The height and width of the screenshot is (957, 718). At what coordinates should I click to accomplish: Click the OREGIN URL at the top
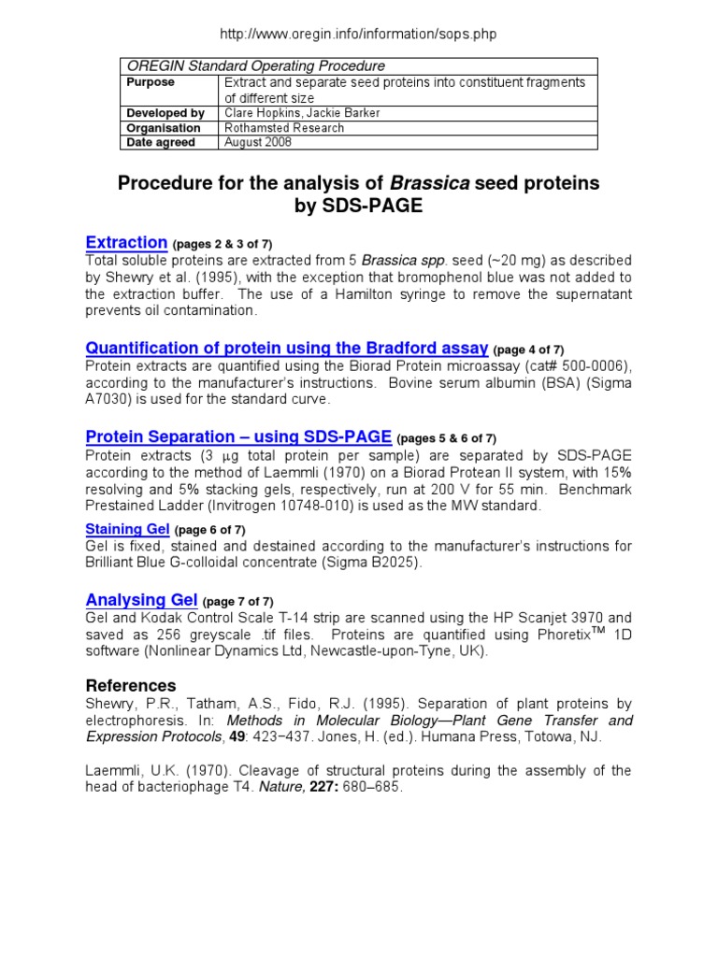pyautogui.click(x=358, y=35)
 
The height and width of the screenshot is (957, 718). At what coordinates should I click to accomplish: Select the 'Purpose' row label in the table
pyautogui.click(x=151, y=82)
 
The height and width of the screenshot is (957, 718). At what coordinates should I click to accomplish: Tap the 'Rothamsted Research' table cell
pyautogui.click(x=283, y=128)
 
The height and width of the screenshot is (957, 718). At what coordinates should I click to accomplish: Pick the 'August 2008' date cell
pyautogui.click(x=257, y=142)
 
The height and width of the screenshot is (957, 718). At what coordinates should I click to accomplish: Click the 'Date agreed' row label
pyautogui.click(x=161, y=142)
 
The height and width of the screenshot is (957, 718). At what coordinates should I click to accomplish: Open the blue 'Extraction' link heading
pyautogui.click(x=126, y=242)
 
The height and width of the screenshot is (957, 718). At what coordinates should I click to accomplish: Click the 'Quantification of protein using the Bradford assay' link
pyautogui.click(x=287, y=348)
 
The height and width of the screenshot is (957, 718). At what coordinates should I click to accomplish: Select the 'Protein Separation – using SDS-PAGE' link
pyautogui.click(x=238, y=436)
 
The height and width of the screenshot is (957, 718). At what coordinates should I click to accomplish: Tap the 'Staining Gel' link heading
pyautogui.click(x=128, y=529)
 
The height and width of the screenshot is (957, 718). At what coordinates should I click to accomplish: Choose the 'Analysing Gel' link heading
pyautogui.click(x=141, y=599)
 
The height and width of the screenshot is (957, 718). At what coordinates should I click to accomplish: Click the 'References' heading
pyautogui.click(x=131, y=685)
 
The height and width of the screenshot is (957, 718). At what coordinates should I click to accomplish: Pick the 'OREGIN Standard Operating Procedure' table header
pyautogui.click(x=255, y=66)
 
